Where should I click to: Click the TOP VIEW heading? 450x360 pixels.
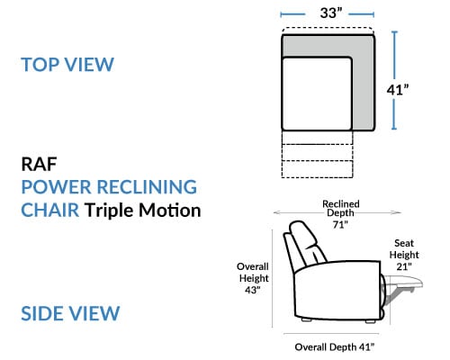click(x=67, y=64)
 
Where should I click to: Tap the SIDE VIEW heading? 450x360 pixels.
click(x=70, y=313)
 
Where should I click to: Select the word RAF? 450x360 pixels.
click(x=39, y=164)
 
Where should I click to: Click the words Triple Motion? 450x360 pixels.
click(x=142, y=210)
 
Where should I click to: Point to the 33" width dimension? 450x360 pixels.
click(x=331, y=13)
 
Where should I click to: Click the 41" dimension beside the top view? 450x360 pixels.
click(x=398, y=89)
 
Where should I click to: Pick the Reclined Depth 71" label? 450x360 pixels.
click(x=340, y=214)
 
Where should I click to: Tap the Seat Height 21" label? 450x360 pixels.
click(x=404, y=255)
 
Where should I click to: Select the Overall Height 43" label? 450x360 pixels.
click(x=253, y=278)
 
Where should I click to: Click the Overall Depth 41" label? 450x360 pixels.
click(x=335, y=347)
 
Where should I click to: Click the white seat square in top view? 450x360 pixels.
click(x=317, y=94)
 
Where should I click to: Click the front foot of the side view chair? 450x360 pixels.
click(x=371, y=321)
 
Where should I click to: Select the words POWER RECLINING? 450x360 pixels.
click(x=109, y=187)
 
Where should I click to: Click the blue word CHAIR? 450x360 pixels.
click(x=50, y=210)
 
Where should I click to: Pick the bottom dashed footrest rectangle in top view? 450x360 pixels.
click(x=317, y=169)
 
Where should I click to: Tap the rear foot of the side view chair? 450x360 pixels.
click(x=306, y=319)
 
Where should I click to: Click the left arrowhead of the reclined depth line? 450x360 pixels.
click(x=276, y=212)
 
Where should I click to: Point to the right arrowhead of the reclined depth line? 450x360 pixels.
click(x=398, y=212)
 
